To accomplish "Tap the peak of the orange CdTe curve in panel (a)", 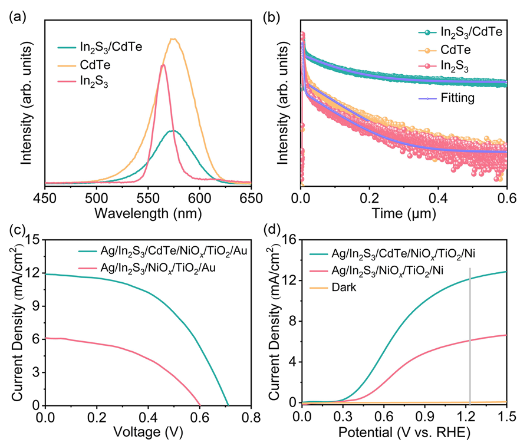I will pos(173,39).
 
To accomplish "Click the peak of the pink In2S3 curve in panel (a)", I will pos(163,65).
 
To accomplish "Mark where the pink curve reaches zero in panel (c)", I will pos(200,405).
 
